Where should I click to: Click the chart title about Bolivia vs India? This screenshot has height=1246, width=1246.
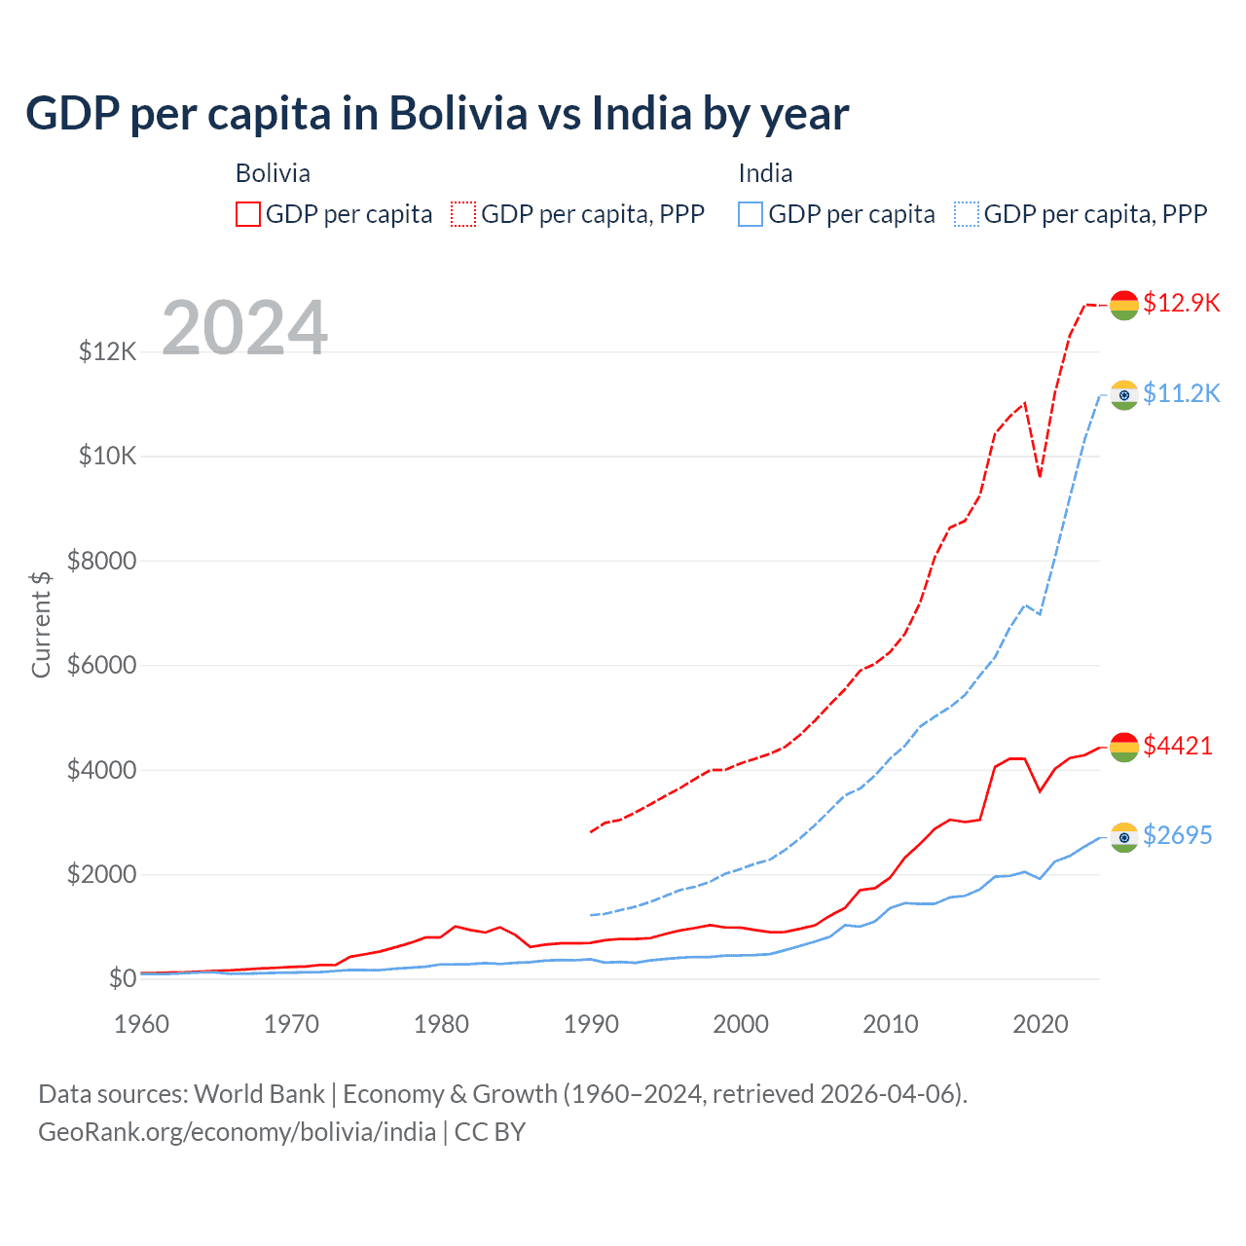tap(437, 114)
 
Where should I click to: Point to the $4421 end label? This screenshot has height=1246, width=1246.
tap(1178, 746)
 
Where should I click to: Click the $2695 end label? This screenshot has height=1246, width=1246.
tap(1178, 835)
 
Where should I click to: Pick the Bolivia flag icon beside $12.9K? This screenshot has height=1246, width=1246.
tap(1124, 305)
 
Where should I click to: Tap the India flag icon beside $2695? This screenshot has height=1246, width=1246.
tap(1124, 837)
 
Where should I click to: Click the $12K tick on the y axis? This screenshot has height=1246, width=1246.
tap(107, 351)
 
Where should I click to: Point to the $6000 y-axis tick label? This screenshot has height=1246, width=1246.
tap(101, 666)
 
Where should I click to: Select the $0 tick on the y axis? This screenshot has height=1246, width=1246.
tap(122, 978)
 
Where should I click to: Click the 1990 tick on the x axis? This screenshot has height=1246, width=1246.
tap(591, 1024)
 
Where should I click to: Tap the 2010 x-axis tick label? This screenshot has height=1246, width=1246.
tap(891, 1024)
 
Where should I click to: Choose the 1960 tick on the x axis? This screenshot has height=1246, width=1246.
tap(142, 1024)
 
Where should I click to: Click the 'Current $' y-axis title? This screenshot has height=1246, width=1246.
tap(41, 624)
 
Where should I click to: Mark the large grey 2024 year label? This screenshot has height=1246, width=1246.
tap(244, 328)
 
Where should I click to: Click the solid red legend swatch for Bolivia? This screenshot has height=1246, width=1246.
tap(248, 214)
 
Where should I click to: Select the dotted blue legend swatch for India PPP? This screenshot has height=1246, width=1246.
tap(967, 214)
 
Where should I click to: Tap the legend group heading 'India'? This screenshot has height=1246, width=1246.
tap(765, 173)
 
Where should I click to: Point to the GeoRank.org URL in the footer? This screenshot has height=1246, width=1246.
tap(237, 1132)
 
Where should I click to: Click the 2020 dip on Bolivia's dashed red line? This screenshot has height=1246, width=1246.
tap(1040, 476)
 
